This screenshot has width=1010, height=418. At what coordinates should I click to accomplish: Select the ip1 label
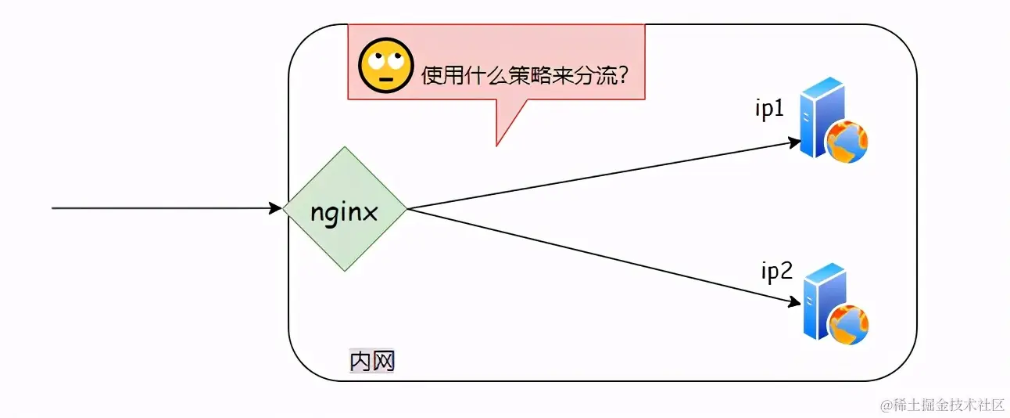coord(768,110)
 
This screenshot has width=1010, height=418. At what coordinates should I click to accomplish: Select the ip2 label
coord(777,272)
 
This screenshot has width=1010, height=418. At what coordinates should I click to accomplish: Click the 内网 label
coord(371,361)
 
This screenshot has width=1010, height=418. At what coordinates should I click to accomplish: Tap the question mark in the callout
coord(623,76)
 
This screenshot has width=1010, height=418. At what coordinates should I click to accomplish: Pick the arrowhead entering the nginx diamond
coord(276,208)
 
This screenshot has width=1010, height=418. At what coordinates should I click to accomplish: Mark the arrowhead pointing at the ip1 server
coord(794,143)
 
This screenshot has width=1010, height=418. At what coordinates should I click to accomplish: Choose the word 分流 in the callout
coord(593,76)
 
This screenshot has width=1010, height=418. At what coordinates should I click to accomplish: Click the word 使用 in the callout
coord(439,76)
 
